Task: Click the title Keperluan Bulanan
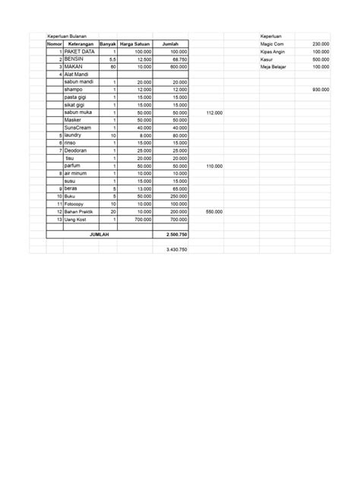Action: coord(67,36)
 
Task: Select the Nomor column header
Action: coord(54,44)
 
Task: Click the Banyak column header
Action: coord(109,44)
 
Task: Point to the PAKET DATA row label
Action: coord(79,52)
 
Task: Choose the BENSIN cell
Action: coord(74,59)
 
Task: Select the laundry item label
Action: coord(74,135)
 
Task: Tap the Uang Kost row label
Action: coord(76,219)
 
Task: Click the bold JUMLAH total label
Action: coord(99,235)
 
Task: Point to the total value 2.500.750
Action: coord(175,235)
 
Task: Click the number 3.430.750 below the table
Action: coord(175,250)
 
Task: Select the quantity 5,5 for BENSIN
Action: coord(112,59)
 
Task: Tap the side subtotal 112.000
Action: coord(214,112)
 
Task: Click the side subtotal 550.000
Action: coord(214,212)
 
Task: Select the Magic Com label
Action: coord(271,44)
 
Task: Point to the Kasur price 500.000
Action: coord(321,59)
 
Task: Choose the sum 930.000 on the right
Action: coord(321,90)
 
